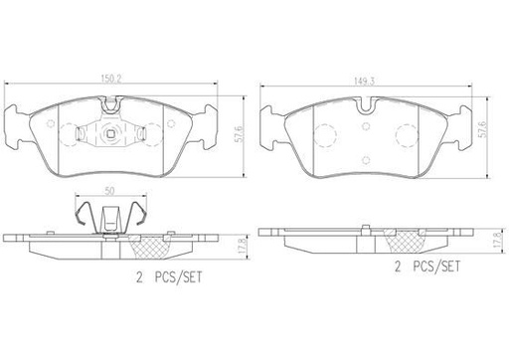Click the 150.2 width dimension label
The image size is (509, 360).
pos(111,79)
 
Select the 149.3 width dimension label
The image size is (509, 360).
pos(365,82)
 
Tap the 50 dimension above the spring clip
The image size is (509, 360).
pos(109,191)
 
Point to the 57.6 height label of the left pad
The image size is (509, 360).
pos(240,134)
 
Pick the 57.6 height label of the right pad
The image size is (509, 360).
pos(483,129)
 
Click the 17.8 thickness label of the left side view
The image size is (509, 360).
pos(243,246)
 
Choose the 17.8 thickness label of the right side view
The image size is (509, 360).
pos(496,240)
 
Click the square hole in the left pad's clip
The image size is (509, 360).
pos(110,133)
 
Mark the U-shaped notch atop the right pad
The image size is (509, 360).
pos(366,104)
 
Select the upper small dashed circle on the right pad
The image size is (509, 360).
pos(366,126)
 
